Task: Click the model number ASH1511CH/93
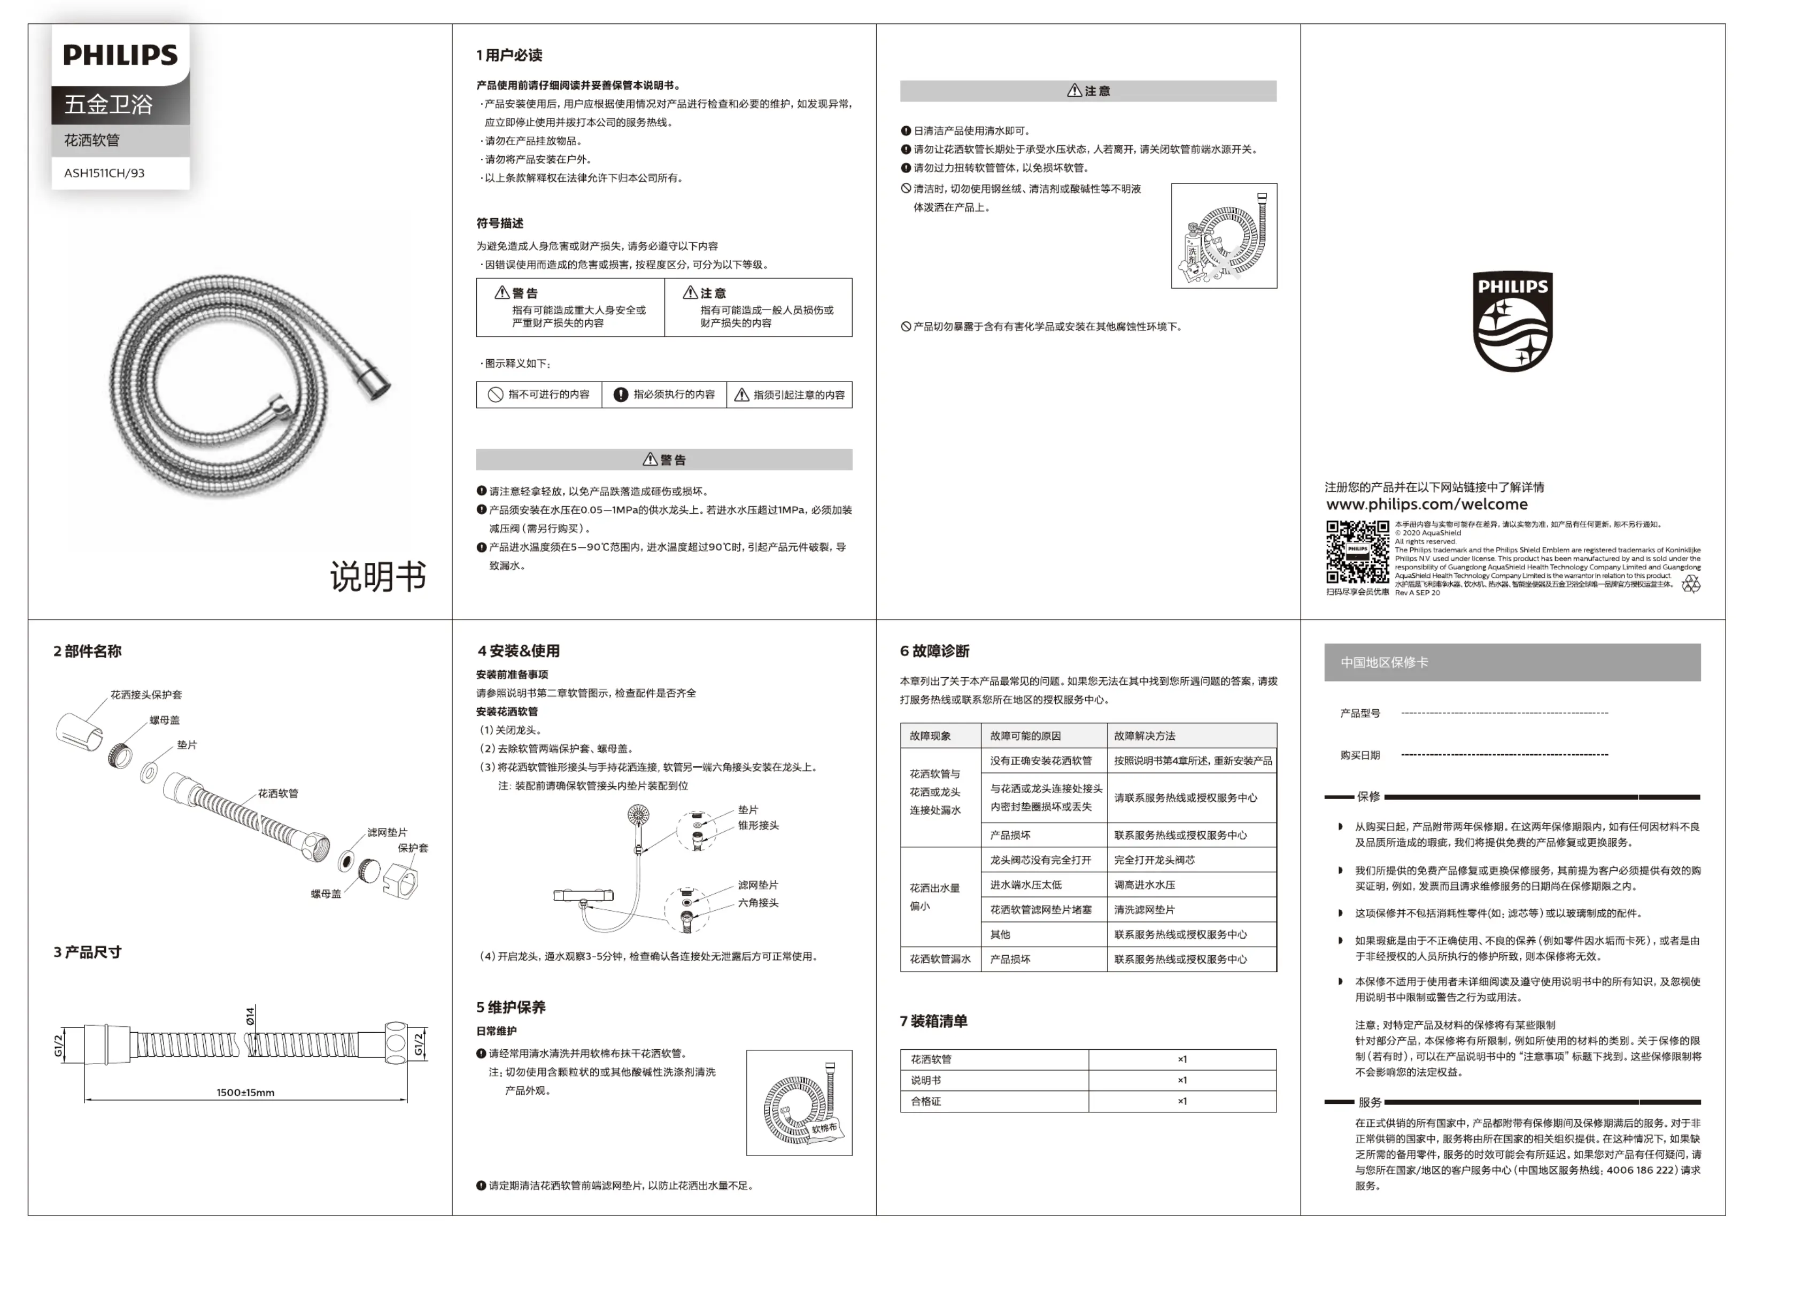(104, 173)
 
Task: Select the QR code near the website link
(1357, 552)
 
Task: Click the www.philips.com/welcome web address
(1426, 505)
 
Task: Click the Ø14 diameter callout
(251, 1016)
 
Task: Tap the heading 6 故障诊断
(934, 651)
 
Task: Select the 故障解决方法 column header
(1144, 735)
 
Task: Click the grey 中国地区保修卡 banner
(1512, 662)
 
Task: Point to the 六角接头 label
(758, 902)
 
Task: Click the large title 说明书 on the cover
(378, 577)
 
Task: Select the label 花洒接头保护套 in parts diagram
(146, 694)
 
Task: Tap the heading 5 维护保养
(511, 1006)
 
